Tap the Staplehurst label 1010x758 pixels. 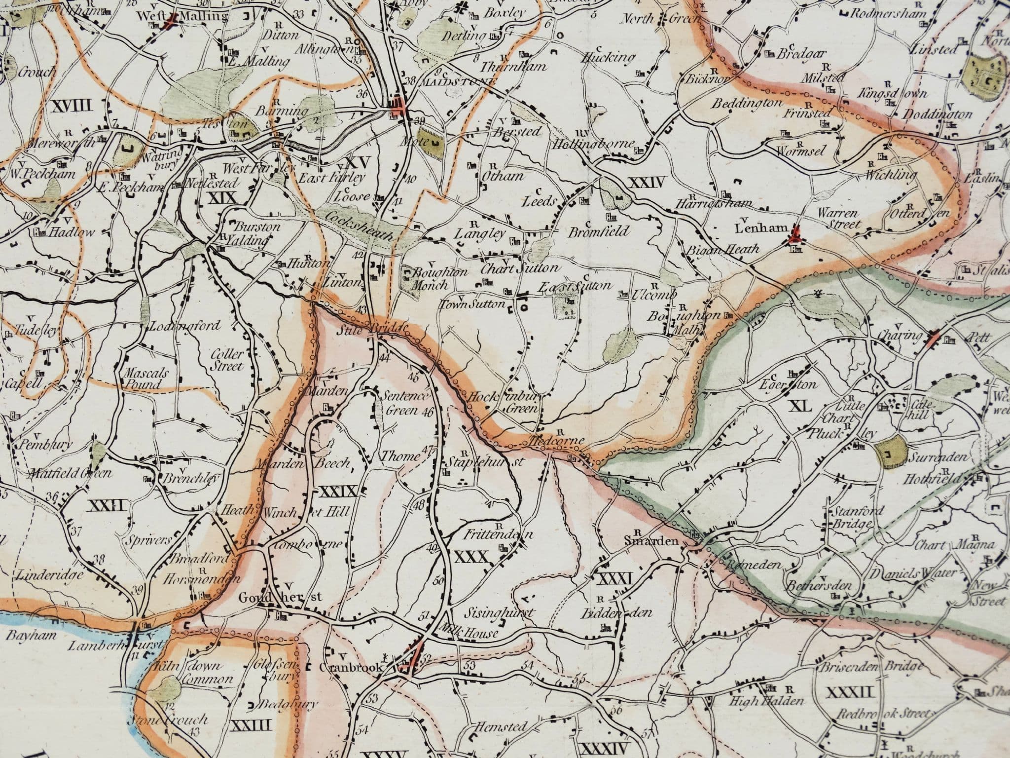[x=484, y=461]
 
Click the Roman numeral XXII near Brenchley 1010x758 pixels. [x=107, y=504]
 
